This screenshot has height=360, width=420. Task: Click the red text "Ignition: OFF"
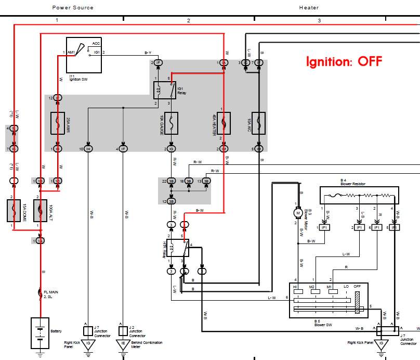343,61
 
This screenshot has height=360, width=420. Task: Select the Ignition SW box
84,55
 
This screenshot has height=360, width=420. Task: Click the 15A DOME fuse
14,211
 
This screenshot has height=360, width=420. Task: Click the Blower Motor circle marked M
298,212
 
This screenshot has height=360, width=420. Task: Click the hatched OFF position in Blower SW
357,302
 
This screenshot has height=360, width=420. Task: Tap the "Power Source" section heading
73,8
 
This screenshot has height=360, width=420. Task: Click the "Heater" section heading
309,8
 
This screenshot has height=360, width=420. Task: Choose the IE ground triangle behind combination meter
123,344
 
